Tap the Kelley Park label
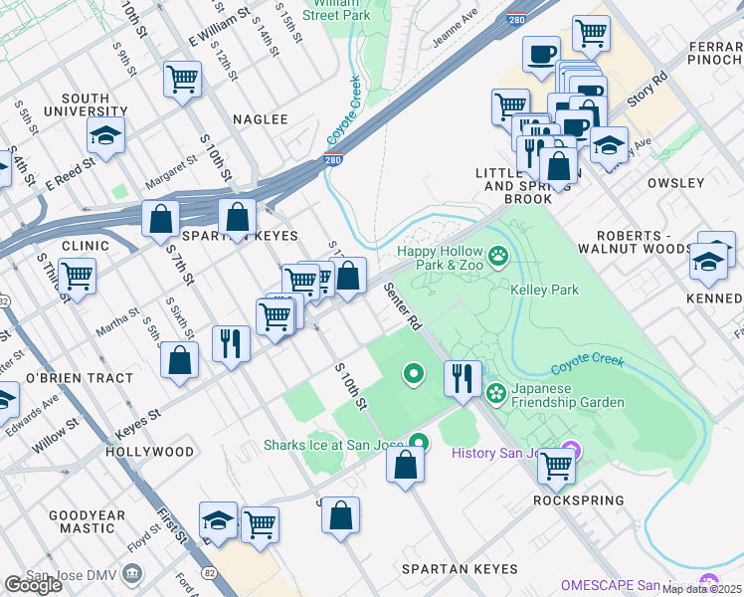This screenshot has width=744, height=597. point(544,290)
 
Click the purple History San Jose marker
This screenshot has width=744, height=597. point(570,453)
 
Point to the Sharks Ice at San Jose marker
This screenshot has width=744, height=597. point(419,444)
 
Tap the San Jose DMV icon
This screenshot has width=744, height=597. point(131,575)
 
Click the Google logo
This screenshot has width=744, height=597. point(33,585)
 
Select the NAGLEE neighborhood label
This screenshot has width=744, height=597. point(260,119)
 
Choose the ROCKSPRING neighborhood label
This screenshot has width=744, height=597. point(579,500)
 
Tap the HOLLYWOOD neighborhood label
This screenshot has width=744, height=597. point(149,452)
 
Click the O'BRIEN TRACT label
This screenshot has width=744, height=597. point(79,378)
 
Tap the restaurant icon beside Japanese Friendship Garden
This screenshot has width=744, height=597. point(464,377)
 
